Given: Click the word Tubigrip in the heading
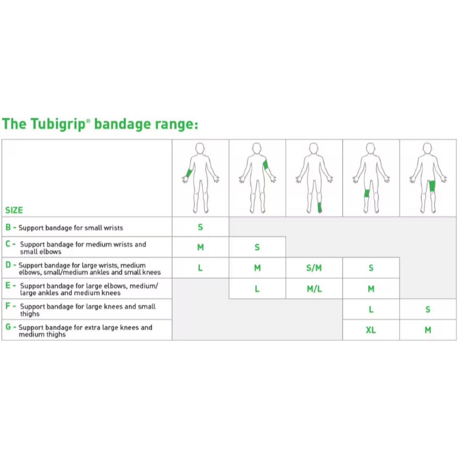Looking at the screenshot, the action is pos(59,124).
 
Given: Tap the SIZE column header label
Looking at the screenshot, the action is pos(14,210).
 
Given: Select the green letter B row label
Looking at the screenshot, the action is pos(8,227).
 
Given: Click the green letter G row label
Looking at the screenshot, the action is pos(8,327).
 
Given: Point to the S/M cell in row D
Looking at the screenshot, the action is pos(314,268).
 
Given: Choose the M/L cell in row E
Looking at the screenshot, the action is pos(314,289).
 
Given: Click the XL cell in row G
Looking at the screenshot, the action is pos(371,330).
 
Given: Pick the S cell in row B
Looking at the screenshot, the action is pos(200,227).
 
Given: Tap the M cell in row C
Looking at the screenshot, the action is pos(200,247).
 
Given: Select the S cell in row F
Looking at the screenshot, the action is pos(428,309).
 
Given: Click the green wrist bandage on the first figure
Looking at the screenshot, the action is pos(189,173).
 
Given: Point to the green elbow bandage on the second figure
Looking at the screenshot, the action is pos(265,165).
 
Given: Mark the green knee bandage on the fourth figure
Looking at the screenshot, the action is pos(367,193).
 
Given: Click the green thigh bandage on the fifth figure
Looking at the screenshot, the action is pos(432,186).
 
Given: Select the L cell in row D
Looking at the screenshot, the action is pos(200,268).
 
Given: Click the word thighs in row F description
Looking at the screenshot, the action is pos(30,314).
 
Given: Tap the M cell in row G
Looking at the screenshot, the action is pos(428,330).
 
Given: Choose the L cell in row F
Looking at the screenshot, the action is pos(371,309).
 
